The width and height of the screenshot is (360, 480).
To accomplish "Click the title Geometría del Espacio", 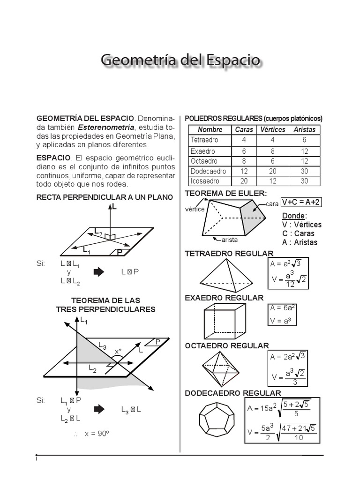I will [x=180, y=61].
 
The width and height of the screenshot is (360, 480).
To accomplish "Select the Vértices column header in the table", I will [x=272, y=129].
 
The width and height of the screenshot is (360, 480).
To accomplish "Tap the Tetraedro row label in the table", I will [x=204, y=140].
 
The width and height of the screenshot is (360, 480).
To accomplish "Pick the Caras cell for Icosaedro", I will [x=244, y=181].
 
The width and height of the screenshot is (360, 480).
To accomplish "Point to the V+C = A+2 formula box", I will [x=300, y=202].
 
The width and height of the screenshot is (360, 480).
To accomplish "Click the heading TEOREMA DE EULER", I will [x=226, y=193].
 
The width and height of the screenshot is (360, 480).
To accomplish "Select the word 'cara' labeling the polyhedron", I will [x=272, y=204].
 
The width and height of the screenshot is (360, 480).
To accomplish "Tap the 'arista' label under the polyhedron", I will [x=230, y=240].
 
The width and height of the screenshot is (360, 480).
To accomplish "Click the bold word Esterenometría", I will [x=105, y=127].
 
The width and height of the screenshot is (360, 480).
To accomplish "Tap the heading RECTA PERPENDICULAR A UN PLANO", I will [x=105, y=197].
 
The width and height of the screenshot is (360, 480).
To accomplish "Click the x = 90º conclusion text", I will [x=97, y=434].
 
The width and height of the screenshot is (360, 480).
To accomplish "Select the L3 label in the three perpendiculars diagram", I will [x=102, y=346].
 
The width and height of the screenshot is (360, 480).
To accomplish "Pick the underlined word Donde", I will [x=294, y=216].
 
